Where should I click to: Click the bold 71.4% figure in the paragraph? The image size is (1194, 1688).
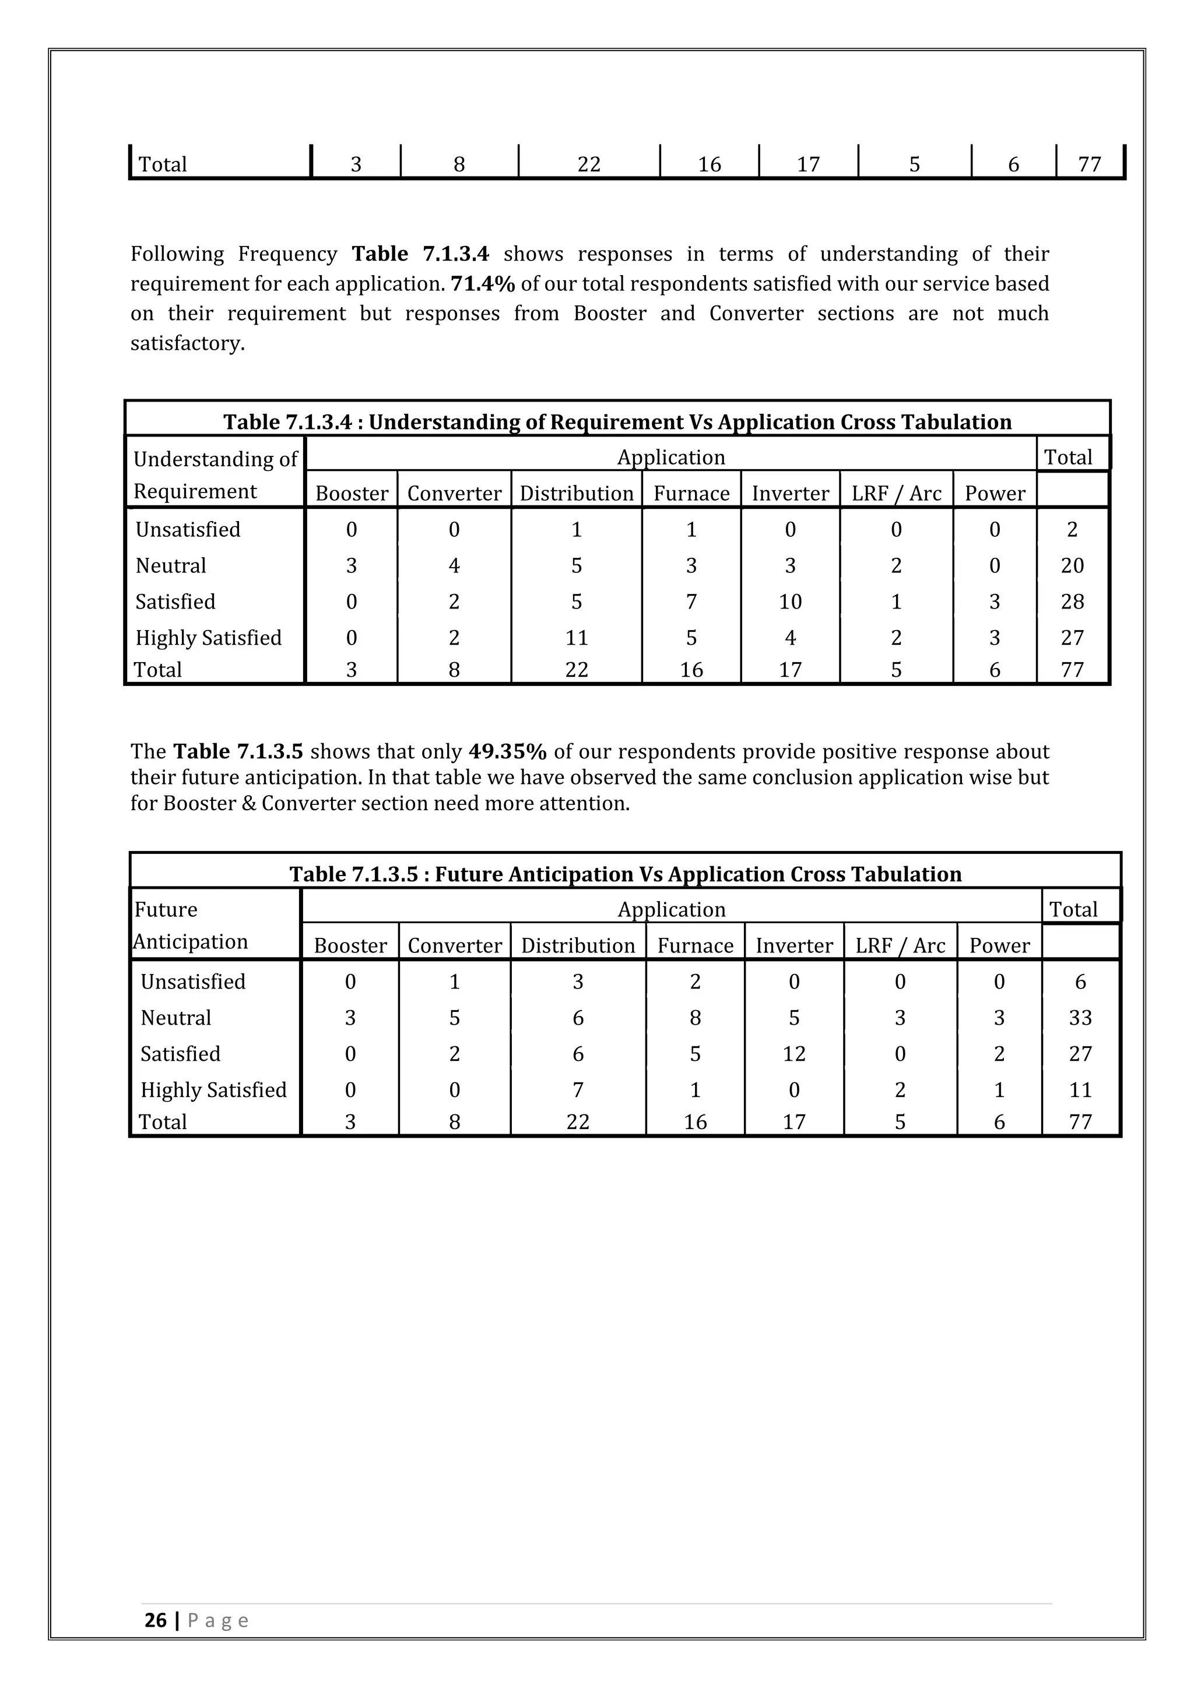[x=482, y=284]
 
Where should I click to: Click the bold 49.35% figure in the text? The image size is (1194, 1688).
[x=507, y=751]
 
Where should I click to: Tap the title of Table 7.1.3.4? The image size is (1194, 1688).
[x=617, y=422]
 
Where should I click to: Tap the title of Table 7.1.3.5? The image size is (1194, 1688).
[x=625, y=874]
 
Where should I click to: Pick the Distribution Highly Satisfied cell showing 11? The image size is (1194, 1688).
[x=577, y=638]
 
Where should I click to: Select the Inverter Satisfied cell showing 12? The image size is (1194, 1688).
[x=793, y=1053]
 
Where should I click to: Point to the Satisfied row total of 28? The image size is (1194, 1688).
[x=1072, y=602]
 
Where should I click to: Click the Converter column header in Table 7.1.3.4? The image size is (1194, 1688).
[x=454, y=493]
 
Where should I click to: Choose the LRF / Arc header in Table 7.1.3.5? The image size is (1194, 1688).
[x=900, y=945]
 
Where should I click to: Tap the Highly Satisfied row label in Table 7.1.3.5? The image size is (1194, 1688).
[x=213, y=1089]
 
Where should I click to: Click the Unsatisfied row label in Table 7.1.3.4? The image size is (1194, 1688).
[x=188, y=529]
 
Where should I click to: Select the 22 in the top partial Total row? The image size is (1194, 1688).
[x=588, y=164]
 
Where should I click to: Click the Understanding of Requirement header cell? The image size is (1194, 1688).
[x=214, y=475]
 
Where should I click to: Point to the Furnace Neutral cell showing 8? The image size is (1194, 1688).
[x=695, y=1018]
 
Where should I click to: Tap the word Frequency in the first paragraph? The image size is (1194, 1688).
[x=287, y=254]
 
